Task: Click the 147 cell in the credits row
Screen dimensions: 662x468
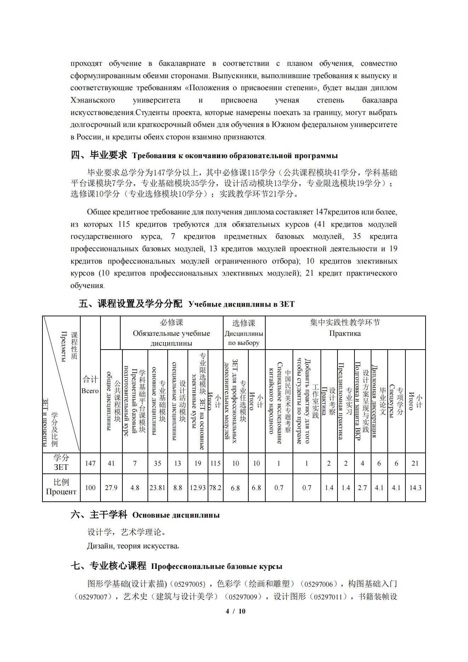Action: tap(90, 463)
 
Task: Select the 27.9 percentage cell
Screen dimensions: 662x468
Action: tap(111, 488)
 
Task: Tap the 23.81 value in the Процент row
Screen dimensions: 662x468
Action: tap(157, 488)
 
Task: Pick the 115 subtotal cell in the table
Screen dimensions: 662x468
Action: tap(215, 463)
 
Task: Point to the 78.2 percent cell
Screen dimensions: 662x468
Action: tap(215, 488)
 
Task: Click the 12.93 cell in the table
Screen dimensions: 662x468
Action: tap(198, 488)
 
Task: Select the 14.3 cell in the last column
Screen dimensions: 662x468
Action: tap(415, 488)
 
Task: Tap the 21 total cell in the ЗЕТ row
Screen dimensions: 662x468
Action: tap(415, 463)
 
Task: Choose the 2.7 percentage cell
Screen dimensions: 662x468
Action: tap(362, 488)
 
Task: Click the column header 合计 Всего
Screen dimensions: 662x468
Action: tap(90, 385)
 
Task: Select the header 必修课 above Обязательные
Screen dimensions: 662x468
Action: tap(172, 322)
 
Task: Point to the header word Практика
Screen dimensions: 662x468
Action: tap(345, 333)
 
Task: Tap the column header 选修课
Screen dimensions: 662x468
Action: tap(244, 323)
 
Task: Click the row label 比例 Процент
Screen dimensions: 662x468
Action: tap(61, 487)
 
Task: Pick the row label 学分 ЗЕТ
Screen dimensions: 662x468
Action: tap(61, 462)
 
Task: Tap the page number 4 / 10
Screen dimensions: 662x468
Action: tap(235, 611)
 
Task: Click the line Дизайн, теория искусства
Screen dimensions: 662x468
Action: tap(133, 546)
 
